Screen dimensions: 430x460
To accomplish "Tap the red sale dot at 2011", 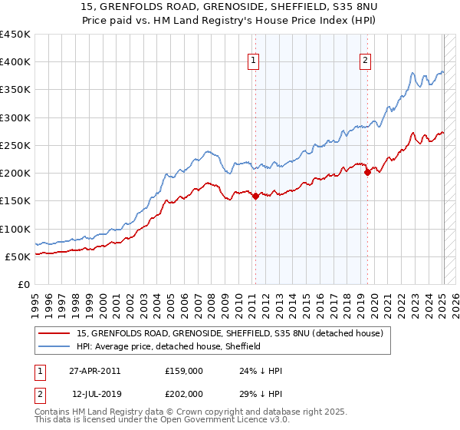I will coord(255,196).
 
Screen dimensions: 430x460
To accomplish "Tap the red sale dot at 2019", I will coord(367,172).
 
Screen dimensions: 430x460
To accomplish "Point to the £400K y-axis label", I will coord(15,62).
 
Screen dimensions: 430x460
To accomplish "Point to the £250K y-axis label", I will coord(15,145).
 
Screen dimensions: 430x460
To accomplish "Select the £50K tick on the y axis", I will coord(18,256).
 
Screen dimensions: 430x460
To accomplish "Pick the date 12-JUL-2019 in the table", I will coord(96,393).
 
